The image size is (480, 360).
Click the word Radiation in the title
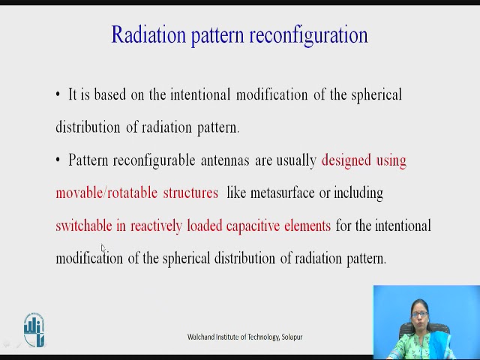click(148, 34)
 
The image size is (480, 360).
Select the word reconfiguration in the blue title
click(308, 36)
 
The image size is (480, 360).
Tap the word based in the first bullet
click(110, 94)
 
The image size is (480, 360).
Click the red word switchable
click(84, 226)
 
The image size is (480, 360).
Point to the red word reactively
click(156, 226)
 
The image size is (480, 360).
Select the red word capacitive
click(253, 226)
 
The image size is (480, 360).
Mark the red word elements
click(307, 226)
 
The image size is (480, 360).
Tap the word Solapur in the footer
click(292, 337)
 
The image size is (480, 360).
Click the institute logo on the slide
click(34, 330)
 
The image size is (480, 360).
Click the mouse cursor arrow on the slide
click(103, 248)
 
